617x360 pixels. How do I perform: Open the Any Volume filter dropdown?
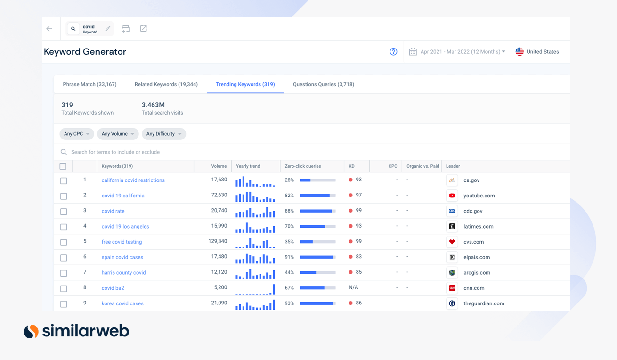tap(118, 134)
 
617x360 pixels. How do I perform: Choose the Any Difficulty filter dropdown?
tap(163, 134)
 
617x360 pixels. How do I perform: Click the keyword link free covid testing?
tap(122, 242)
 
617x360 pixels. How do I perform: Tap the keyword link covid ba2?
tap(113, 288)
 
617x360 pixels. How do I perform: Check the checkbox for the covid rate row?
tap(64, 212)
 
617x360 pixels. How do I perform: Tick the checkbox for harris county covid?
tap(64, 273)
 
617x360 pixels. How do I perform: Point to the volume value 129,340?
tap(218, 241)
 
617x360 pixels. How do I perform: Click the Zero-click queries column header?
tap(303, 166)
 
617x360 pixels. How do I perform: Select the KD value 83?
tap(358, 257)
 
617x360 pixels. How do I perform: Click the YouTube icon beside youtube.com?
tap(452, 196)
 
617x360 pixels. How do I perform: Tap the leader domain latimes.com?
tap(478, 227)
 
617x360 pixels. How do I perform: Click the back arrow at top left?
tap(49, 29)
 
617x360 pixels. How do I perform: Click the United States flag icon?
tap(520, 52)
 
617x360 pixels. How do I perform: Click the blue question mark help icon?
tap(393, 52)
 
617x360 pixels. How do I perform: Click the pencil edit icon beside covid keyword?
tap(108, 29)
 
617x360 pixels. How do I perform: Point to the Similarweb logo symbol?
tap(31, 331)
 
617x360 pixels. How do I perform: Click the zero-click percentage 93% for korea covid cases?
tap(289, 303)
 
